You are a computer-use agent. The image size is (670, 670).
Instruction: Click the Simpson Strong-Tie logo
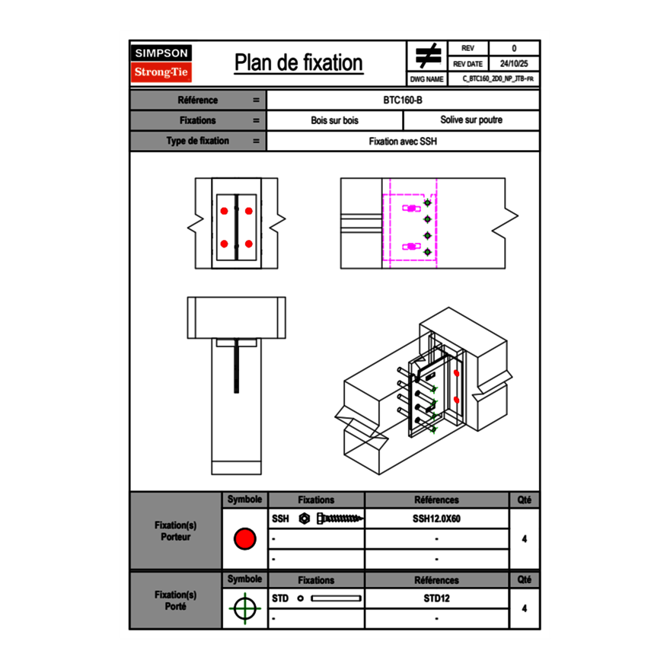tap(161, 63)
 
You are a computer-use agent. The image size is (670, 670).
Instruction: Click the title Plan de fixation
tap(298, 62)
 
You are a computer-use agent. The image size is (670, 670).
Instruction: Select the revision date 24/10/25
tap(514, 64)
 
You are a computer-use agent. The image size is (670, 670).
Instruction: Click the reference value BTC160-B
tap(403, 100)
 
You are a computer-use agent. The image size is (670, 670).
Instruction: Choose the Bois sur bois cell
tap(334, 120)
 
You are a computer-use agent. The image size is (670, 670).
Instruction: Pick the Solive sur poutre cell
tap(471, 120)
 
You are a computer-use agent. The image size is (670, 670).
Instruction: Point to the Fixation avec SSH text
tap(403, 141)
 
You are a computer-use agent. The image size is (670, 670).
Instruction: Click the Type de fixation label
tap(197, 141)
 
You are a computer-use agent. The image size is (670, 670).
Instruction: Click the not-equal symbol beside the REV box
tap(427, 56)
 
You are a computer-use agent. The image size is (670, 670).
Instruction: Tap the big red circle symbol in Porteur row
tap(244, 539)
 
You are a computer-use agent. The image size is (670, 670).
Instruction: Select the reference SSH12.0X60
tap(436, 518)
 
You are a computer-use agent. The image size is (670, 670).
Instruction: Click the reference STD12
tap(436, 598)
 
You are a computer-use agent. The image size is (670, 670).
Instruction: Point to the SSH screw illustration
tap(339, 518)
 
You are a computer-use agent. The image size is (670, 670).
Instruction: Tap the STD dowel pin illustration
tap(335, 598)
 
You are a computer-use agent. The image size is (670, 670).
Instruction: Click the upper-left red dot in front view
tap(224, 210)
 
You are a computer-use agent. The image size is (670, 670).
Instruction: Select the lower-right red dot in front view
tap(249, 244)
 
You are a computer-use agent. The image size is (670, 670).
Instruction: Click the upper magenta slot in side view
tap(411, 207)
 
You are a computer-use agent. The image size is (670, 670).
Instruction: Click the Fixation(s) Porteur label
tap(175, 531)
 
